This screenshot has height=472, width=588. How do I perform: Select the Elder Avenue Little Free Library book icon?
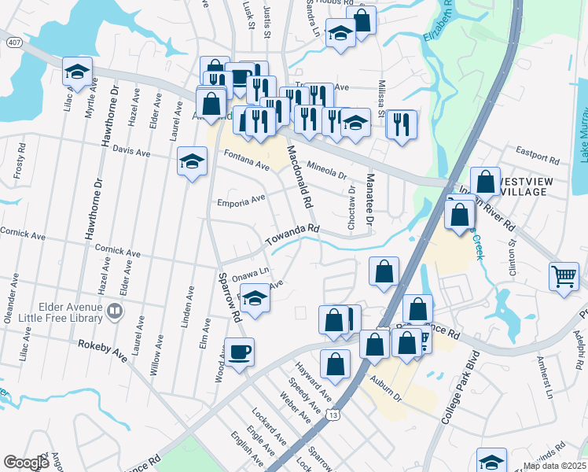click(115, 312)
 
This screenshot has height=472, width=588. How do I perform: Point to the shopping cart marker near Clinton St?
click(564, 276)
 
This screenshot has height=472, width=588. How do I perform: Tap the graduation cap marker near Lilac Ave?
click(77, 72)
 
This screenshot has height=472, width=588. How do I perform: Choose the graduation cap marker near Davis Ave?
click(191, 161)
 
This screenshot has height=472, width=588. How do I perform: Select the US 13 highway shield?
click(336, 415)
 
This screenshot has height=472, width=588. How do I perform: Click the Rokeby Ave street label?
click(102, 350)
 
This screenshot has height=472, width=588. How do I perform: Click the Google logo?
click(26, 463)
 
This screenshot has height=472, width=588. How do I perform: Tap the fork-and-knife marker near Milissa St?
click(401, 124)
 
